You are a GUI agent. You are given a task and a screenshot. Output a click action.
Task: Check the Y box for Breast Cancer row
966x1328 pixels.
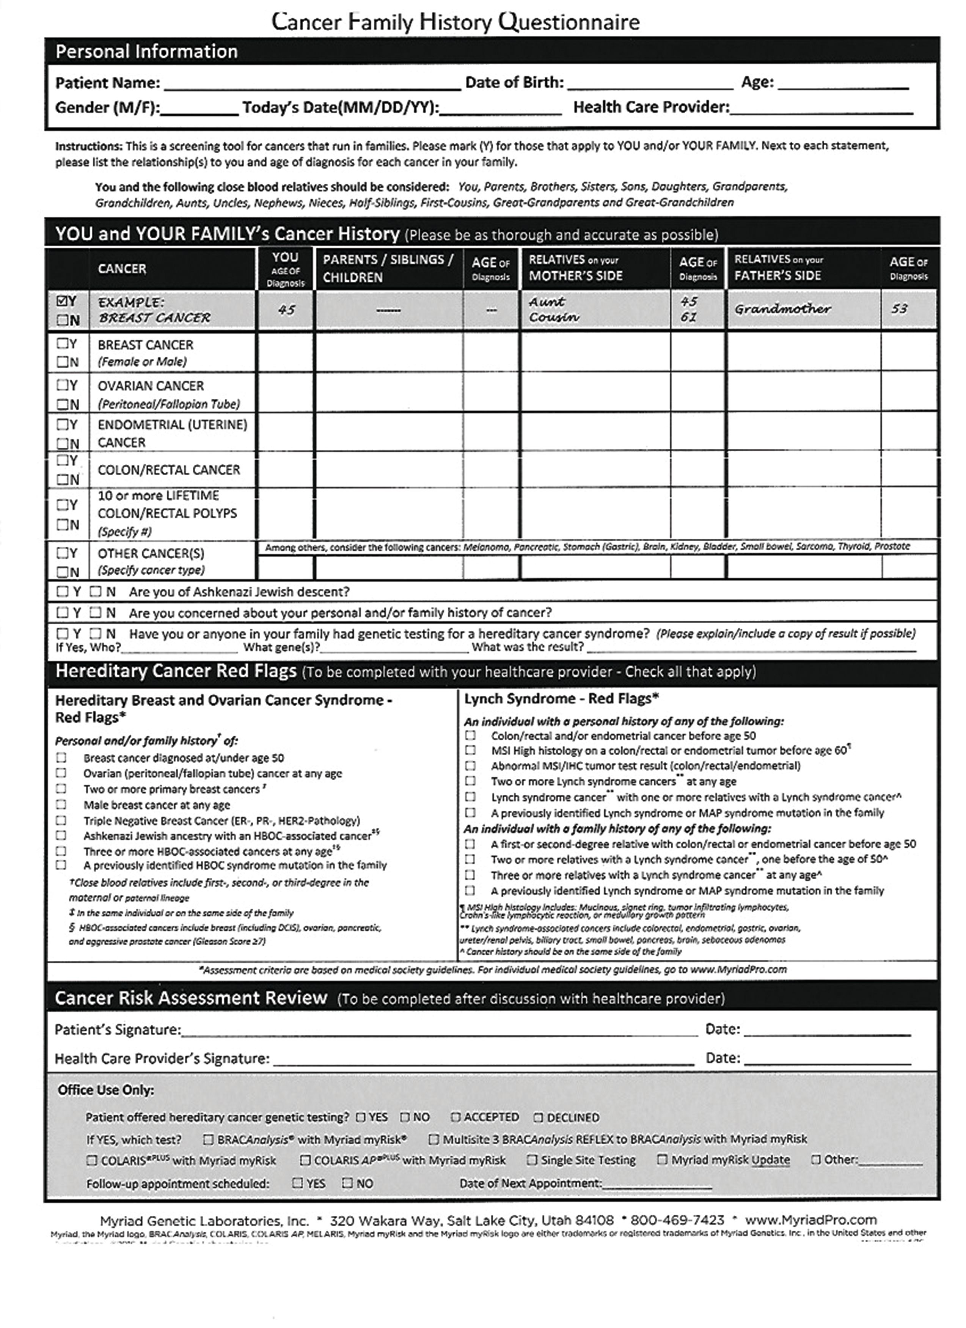pos(62,344)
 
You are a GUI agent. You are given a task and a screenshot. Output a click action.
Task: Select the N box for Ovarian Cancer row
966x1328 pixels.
pos(62,404)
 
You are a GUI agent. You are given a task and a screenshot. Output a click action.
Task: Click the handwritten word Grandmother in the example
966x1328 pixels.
pos(783,309)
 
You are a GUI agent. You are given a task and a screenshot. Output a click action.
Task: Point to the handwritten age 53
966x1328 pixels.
pos(899,309)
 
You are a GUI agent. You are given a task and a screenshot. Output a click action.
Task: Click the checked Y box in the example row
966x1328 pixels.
pos(62,301)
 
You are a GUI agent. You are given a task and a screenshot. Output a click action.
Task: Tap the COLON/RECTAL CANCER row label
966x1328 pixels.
pos(169,470)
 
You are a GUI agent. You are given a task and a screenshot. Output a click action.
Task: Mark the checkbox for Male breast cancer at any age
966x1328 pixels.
pos(61,805)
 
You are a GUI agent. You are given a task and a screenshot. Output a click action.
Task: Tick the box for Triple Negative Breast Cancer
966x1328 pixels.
pos(61,820)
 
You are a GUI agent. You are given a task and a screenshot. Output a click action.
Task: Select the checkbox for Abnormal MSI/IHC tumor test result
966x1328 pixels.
pos(470,765)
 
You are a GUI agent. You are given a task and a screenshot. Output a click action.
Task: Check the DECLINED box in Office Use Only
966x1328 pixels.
pos(539,1117)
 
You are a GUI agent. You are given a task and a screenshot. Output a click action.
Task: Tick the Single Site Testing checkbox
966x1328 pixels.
pos(532,1160)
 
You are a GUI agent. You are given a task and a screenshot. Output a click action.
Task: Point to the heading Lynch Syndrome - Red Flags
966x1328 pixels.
pos(561,699)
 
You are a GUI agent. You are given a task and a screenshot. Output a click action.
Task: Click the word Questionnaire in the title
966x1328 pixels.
pos(569,22)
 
